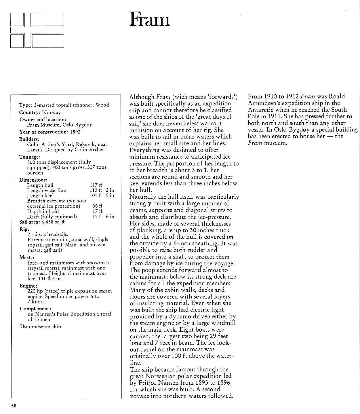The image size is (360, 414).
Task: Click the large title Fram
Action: tap(149, 20)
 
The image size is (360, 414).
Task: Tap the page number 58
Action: tap(14, 406)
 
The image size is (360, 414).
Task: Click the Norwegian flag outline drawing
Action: tap(37, 30)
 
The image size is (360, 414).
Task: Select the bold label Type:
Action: tap(26, 105)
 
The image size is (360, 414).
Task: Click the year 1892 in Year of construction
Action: tap(75, 132)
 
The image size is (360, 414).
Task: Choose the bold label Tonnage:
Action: tap(30, 157)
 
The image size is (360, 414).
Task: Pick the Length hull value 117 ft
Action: tap(96, 185)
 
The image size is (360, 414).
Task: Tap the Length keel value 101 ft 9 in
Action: tap(102, 195)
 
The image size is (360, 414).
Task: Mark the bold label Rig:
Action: tap(24, 229)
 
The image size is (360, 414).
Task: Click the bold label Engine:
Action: tap(28, 286)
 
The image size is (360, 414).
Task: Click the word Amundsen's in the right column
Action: tap(264, 103)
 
